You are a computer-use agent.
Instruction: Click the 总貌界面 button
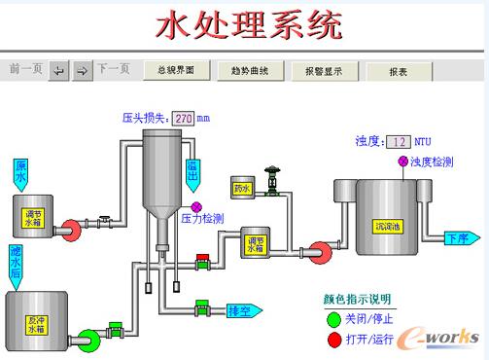click(176, 70)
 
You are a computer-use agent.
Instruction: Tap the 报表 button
click(398, 71)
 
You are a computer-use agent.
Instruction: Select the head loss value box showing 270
click(184, 118)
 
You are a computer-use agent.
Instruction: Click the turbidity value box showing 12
click(399, 142)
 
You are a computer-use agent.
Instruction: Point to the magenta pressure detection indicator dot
click(196, 206)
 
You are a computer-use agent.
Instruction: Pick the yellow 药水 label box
click(243, 187)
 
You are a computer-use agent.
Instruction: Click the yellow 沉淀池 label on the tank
click(386, 227)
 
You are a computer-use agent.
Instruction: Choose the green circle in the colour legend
click(333, 316)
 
